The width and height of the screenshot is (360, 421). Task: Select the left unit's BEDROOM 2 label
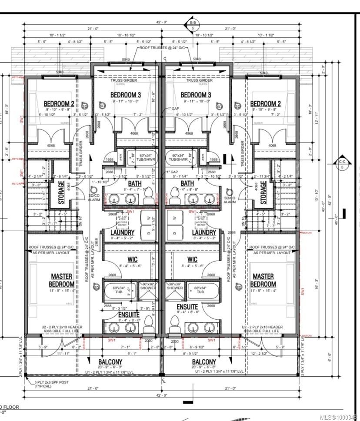(59, 104)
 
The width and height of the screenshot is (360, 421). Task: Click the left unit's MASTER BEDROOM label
(62, 280)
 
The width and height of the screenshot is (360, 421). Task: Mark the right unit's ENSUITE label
(187, 307)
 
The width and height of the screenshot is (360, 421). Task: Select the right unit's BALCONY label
(204, 362)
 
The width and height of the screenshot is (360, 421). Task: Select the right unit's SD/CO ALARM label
(230, 200)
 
